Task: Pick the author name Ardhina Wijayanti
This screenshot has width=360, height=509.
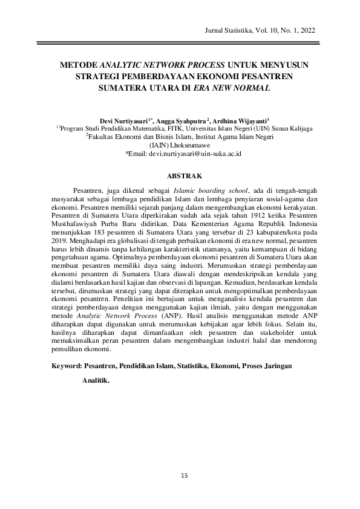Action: click(x=240, y=121)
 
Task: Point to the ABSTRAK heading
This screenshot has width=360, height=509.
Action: click(x=180, y=176)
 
